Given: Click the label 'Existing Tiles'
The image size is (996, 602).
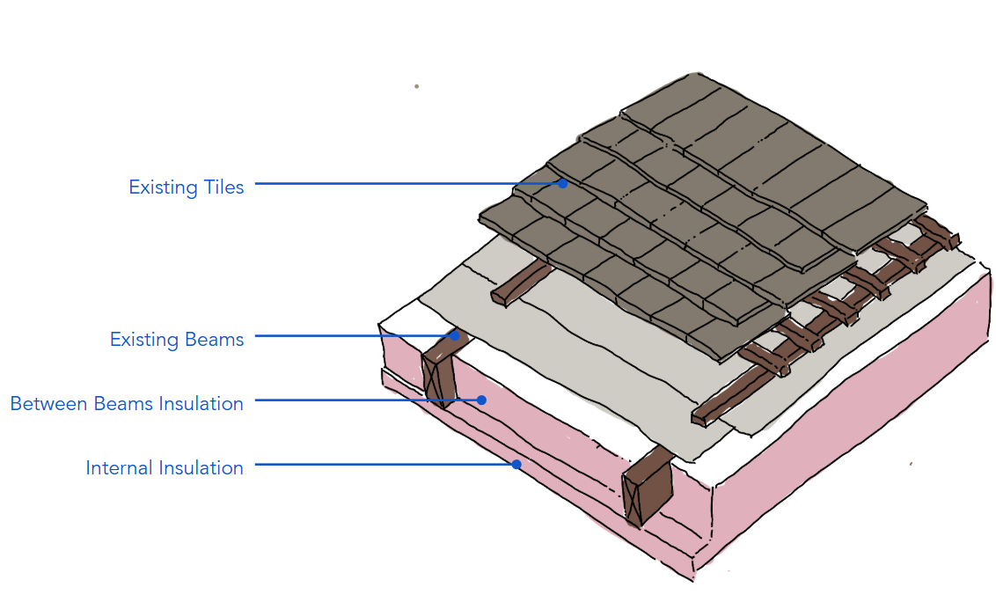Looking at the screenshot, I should click(186, 187).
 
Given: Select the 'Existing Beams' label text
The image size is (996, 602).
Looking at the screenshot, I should click(176, 339).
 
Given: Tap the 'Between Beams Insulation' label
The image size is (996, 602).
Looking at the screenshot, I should click(127, 404).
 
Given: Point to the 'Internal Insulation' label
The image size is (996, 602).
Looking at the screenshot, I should click(164, 468).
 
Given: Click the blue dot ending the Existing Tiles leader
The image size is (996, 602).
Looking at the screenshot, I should click(562, 184).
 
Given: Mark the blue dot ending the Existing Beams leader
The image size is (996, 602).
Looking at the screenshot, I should click(455, 335).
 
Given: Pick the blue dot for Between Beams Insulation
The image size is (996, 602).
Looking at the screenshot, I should click(481, 400).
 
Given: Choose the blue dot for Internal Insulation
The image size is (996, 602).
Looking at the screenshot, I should click(516, 464).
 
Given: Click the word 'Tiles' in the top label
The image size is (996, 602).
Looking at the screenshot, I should click(221, 187).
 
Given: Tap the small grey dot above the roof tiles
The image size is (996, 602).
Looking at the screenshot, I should click(416, 86).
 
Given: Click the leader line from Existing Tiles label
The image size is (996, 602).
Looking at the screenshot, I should click(405, 184).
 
